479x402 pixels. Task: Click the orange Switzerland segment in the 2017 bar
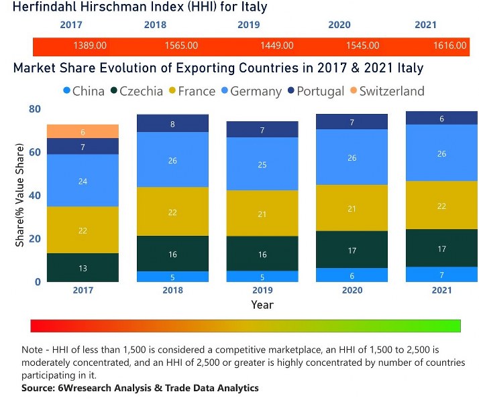(83, 131)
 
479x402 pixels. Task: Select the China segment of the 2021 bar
(441, 275)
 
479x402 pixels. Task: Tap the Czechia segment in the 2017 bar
(83, 267)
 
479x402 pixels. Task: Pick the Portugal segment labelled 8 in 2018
(172, 124)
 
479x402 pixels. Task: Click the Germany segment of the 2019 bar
(262, 164)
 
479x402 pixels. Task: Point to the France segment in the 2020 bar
(352, 208)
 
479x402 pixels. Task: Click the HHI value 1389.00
(89, 46)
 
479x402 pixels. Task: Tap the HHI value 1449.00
(276, 46)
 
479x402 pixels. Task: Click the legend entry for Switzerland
(392, 91)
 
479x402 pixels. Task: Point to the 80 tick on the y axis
(34, 109)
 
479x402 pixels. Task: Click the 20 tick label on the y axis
(34, 239)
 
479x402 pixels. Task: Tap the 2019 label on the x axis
(262, 290)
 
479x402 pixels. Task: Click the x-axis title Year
(262, 305)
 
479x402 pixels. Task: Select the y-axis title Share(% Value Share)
(19, 194)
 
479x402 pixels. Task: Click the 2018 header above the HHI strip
(155, 25)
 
